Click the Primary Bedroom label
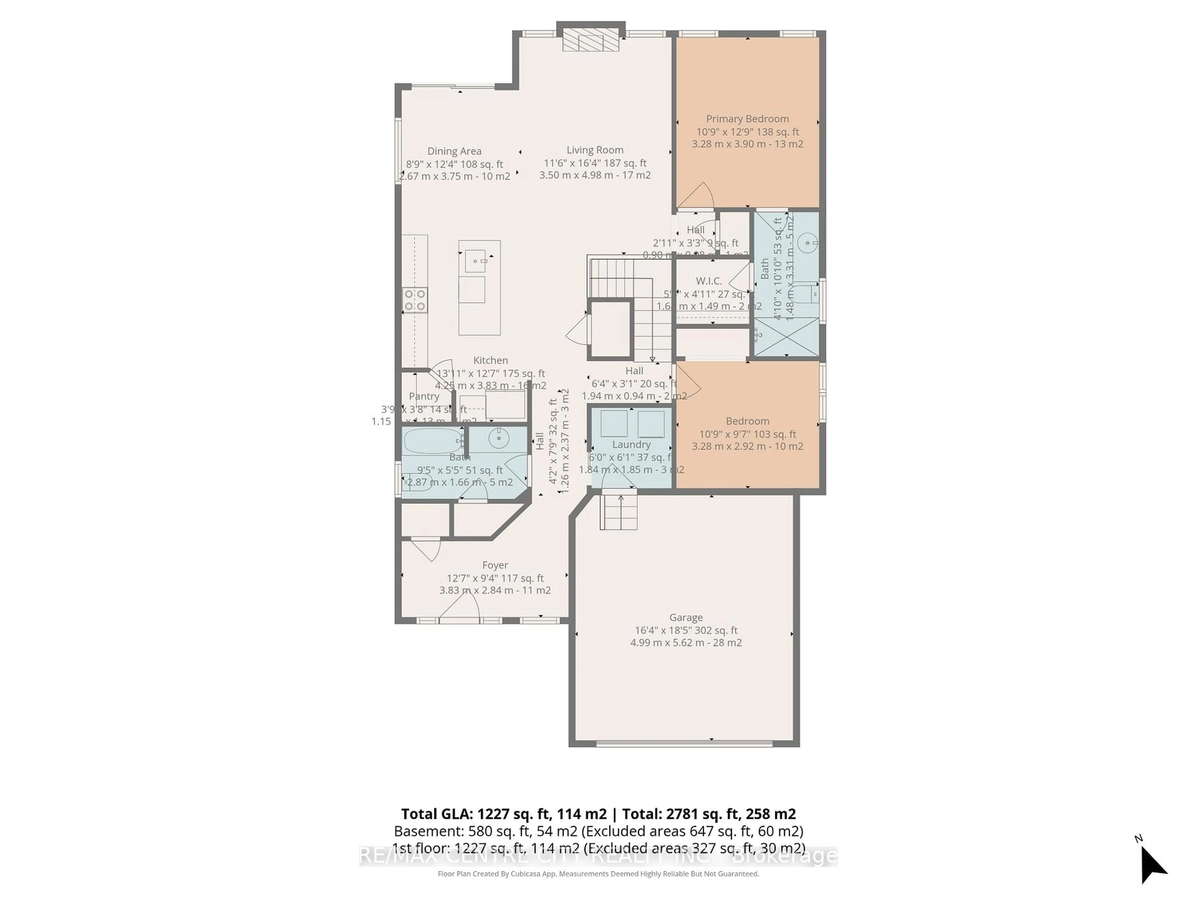747,118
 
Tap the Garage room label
685,617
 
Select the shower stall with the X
786,337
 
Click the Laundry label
631,444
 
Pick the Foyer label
495,565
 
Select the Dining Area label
454,151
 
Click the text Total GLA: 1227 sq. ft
503,814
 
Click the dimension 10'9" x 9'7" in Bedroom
747,434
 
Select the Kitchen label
490,360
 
